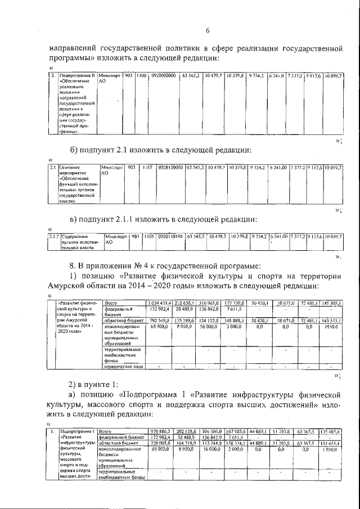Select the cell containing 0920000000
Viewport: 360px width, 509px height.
(163, 75)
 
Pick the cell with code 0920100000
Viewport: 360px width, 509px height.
(170, 168)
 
